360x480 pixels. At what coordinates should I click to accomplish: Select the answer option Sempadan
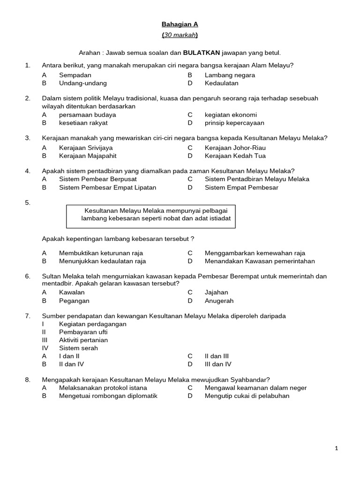(x=75, y=75)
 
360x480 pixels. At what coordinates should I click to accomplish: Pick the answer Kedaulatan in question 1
(x=221, y=83)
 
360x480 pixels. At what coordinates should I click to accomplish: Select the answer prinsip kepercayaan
(x=234, y=123)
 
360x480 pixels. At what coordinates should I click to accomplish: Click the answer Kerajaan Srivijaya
(x=86, y=148)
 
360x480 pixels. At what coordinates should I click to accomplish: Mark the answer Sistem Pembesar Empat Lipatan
(x=107, y=187)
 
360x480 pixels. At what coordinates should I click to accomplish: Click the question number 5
(x=28, y=202)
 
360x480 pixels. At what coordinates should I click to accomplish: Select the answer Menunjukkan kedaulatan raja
(x=102, y=261)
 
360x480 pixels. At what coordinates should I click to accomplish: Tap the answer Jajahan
(x=216, y=292)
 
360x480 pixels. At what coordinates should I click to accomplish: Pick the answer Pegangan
(x=74, y=300)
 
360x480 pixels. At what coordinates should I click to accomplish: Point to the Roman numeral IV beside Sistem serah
(x=45, y=348)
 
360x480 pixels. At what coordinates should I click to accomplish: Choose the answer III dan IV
(x=217, y=364)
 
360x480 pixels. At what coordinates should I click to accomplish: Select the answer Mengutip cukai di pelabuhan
(x=247, y=396)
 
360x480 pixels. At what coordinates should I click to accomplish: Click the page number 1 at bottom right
(x=337, y=448)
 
